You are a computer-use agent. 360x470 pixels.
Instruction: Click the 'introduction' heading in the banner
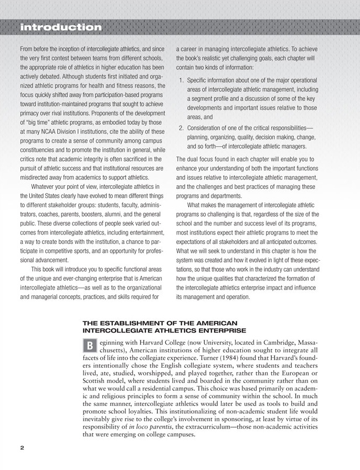pos(60,26)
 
